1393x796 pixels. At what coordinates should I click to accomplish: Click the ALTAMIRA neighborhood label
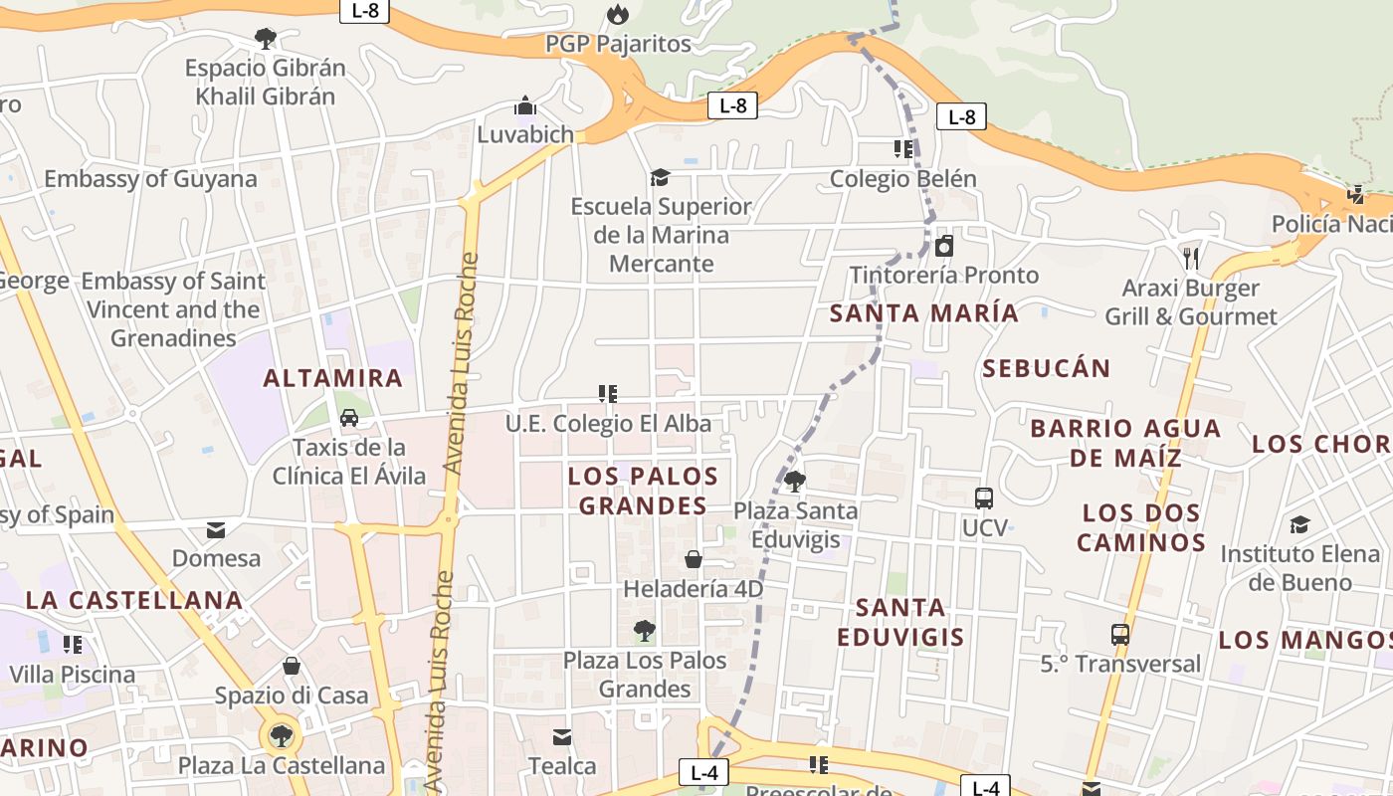pyautogui.click(x=332, y=378)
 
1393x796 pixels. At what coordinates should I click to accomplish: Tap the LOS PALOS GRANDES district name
pyautogui.click(x=643, y=491)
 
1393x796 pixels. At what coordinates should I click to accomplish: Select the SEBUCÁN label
pyautogui.click(x=1046, y=368)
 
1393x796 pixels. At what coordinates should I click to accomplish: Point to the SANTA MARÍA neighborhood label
pyautogui.click(x=924, y=313)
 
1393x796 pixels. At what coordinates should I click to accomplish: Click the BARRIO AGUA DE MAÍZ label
pyautogui.click(x=1125, y=443)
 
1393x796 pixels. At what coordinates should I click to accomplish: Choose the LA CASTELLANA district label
pyautogui.click(x=134, y=600)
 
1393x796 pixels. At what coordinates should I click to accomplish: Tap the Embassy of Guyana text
pyautogui.click(x=150, y=179)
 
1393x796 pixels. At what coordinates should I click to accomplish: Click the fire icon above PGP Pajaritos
pyautogui.click(x=618, y=14)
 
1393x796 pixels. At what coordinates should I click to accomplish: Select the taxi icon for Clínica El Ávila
pyautogui.click(x=349, y=418)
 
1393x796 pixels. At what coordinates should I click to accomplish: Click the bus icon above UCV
pyautogui.click(x=984, y=498)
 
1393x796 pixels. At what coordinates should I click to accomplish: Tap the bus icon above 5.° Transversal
pyautogui.click(x=1120, y=634)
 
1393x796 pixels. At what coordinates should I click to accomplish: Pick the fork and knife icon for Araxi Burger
pyautogui.click(x=1191, y=259)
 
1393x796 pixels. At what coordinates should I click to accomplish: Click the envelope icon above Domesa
pyautogui.click(x=216, y=529)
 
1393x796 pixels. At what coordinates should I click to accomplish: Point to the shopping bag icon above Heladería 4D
pyautogui.click(x=694, y=559)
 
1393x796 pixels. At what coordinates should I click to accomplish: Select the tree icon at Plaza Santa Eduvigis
pyautogui.click(x=794, y=482)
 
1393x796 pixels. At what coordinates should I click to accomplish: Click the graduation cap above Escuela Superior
pyautogui.click(x=660, y=177)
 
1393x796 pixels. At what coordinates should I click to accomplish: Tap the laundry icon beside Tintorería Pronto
pyautogui.click(x=944, y=246)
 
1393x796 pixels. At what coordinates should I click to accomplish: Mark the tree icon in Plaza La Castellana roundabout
pyautogui.click(x=282, y=736)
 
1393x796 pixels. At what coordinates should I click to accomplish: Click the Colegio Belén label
pyautogui.click(x=902, y=179)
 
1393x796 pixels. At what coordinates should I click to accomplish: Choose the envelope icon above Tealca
pyautogui.click(x=562, y=737)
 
